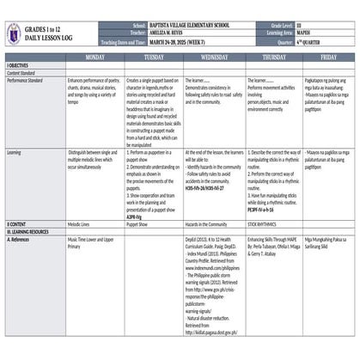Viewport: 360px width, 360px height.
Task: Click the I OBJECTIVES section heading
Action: click(18, 65)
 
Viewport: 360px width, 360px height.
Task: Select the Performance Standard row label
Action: click(24, 78)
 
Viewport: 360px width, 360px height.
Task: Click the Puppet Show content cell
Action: click(137, 223)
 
